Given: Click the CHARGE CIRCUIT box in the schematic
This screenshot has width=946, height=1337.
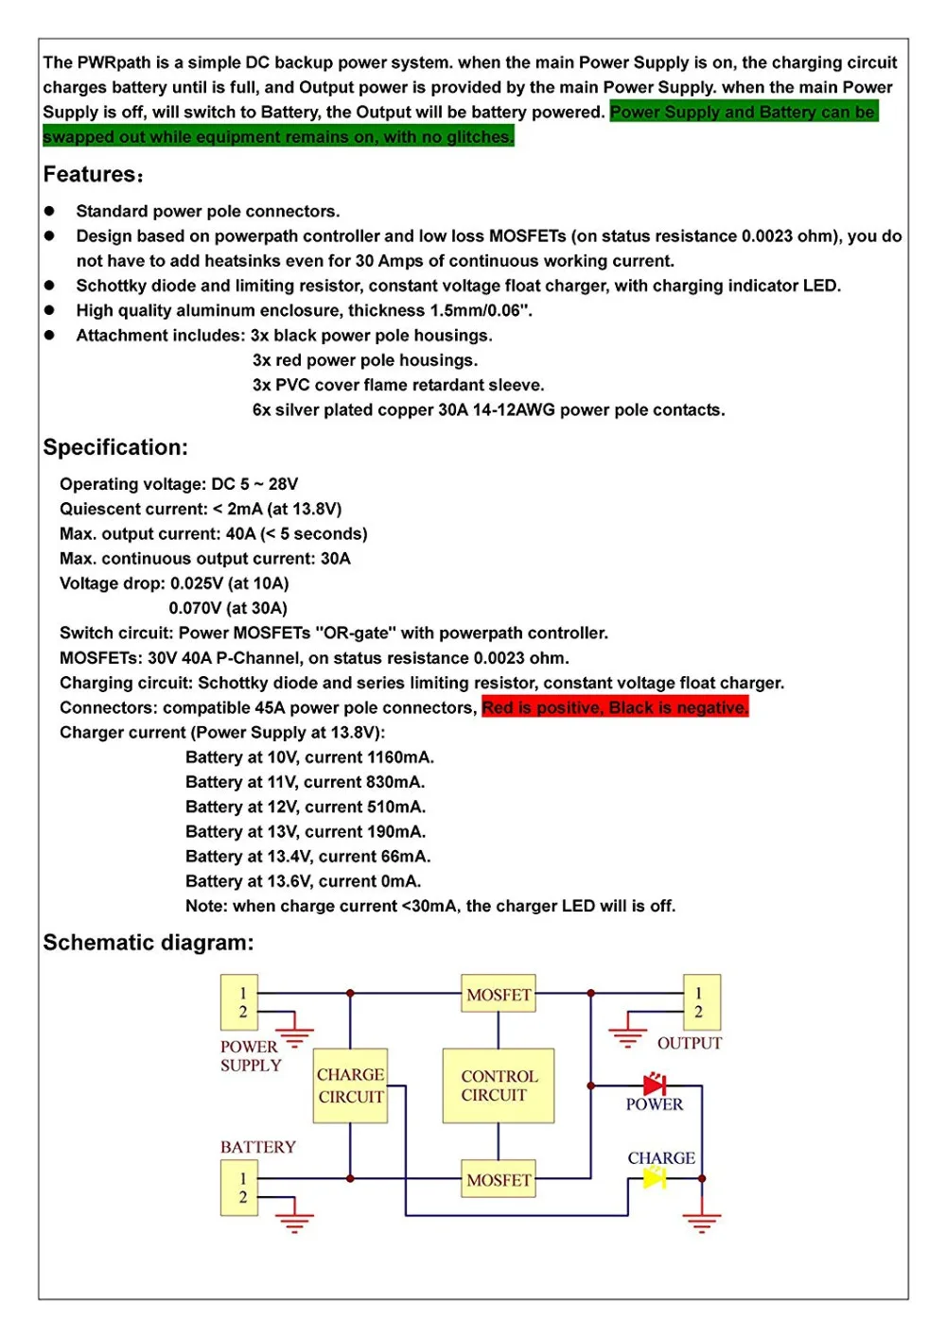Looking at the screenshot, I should point(350,1085).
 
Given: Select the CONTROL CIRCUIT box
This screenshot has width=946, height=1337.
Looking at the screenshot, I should point(499,1085).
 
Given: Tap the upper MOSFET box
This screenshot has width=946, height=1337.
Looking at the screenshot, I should point(499,994).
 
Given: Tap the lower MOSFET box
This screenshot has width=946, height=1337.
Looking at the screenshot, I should point(499,1179).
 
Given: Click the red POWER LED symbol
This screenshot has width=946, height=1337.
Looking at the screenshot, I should point(654,1085).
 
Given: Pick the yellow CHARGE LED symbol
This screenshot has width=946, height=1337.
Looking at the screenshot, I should point(654,1178).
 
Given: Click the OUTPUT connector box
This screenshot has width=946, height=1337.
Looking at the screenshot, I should point(702,1002).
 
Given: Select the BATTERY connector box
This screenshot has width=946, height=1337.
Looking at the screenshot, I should point(239,1188).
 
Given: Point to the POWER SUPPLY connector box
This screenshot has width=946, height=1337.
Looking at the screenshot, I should point(239,1002).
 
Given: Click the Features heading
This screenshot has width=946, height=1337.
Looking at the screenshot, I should point(93,175).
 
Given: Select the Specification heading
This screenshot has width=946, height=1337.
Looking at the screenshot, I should point(115,447).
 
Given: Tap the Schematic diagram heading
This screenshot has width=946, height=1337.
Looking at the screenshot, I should point(149,943).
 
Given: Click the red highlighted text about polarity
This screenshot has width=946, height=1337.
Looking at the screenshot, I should point(615,707).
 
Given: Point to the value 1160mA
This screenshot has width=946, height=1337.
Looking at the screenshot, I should point(400,757).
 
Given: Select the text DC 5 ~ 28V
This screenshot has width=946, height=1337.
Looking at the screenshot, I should point(254,484).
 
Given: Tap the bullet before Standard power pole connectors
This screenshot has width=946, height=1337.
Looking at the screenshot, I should point(50,211).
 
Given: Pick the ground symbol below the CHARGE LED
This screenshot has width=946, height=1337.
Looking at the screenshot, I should point(701,1222).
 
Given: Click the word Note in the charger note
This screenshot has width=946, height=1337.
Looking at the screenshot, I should point(204,906).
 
